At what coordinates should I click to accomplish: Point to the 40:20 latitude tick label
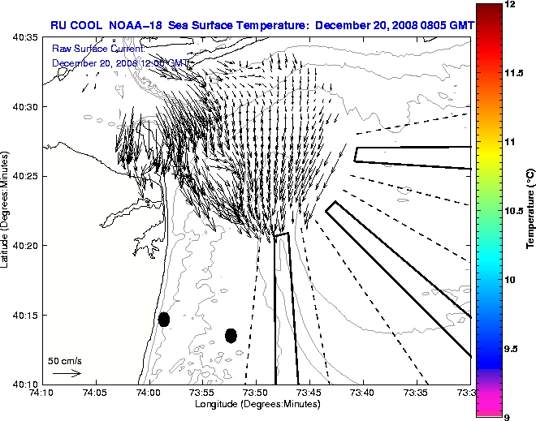[x=25, y=246]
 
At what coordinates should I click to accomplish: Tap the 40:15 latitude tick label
[x=25, y=315]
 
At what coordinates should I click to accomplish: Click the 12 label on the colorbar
[x=509, y=5]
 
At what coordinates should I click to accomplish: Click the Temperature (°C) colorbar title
[x=530, y=210]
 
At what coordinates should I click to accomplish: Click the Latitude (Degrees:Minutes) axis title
[x=6, y=210]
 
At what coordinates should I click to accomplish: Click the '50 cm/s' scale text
[x=65, y=360]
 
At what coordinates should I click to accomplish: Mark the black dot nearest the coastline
[x=163, y=319]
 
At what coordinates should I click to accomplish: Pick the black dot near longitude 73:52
[x=231, y=335]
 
